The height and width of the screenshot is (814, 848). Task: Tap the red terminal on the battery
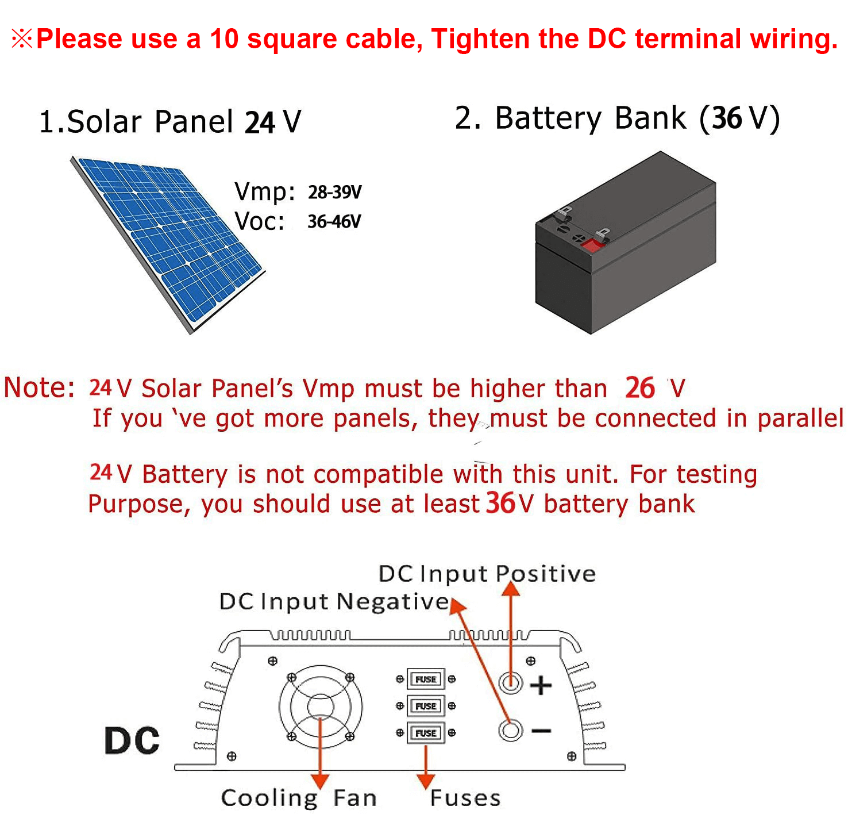click(x=592, y=245)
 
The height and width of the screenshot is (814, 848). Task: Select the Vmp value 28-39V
click(x=334, y=192)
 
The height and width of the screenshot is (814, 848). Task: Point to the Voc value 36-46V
click(x=334, y=221)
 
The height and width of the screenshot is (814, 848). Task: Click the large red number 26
click(x=639, y=388)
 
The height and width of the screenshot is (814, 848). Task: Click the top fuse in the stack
click(x=426, y=679)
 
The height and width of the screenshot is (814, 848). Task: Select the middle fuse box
click(x=426, y=706)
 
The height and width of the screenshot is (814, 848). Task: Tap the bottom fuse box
click(x=426, y=733)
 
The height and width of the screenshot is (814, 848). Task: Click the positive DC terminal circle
click(x=510, y=683)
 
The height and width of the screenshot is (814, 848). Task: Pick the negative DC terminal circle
click(x=510, y=731)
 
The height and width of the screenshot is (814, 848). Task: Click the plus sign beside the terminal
click(x=541, y=685)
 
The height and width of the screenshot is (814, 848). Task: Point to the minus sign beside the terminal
click(x=541, y=731)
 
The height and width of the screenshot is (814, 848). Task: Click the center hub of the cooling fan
click(x=320, y=706)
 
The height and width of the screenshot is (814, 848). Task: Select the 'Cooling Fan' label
click(x=299, y=798)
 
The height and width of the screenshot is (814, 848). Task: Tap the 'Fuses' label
click(x=465, y=798)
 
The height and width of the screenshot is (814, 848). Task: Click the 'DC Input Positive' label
click(x=487, y=574)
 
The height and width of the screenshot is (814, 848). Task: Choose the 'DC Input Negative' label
click(x=334, y=602)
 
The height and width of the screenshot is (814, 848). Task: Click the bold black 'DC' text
click(x=132, y=740)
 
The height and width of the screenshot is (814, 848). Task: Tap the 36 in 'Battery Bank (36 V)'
click(x=727, y=118)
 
